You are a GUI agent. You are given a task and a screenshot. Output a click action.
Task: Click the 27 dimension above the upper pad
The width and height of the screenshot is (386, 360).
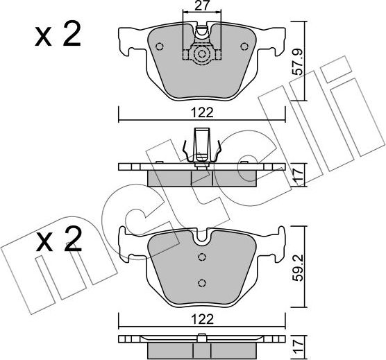(201, 8)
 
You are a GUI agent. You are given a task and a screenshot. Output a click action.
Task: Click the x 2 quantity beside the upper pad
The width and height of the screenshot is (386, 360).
(59, 36)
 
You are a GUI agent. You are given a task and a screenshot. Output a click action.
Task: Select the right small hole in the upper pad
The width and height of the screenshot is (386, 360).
(244, 47)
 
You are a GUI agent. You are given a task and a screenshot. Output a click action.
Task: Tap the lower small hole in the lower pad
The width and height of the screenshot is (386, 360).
(201, 282)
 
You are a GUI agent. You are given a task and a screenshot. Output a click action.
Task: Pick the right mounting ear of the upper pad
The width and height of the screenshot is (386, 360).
(274, 41)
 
